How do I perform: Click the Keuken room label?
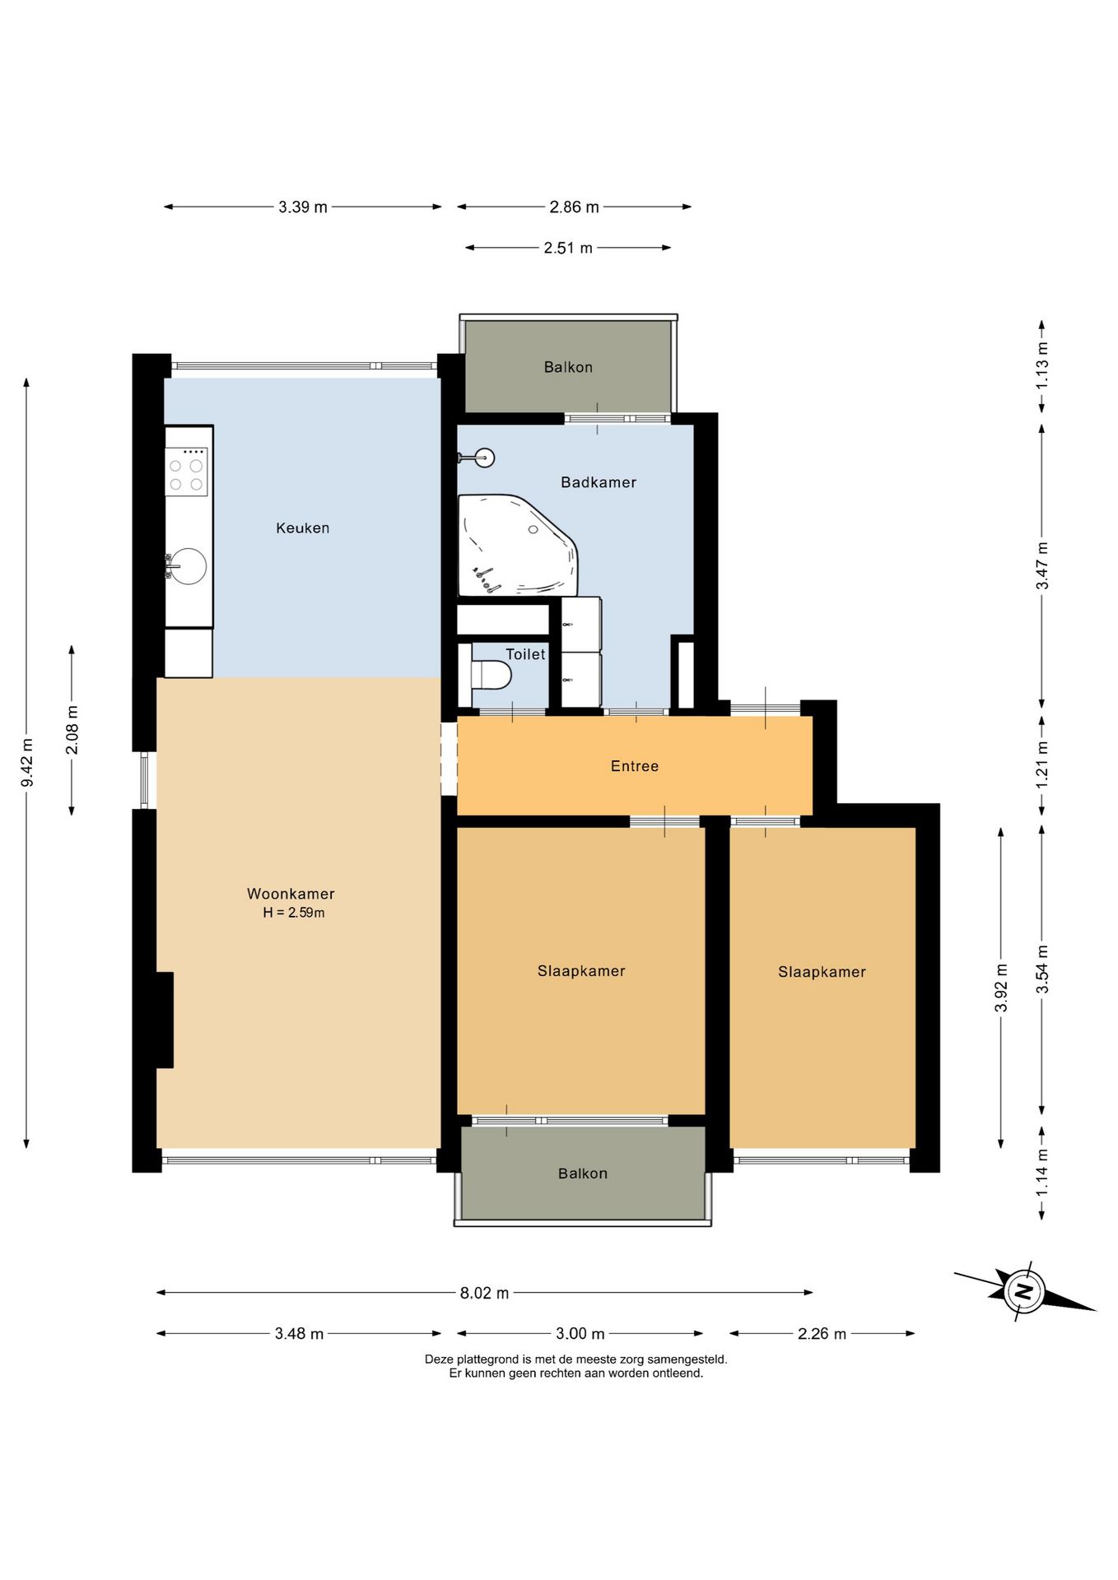[x=302, y=528]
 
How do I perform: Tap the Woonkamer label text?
[x=291, y=894]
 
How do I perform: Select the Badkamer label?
[x=599, y=482]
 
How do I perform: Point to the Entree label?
[x=635, y=766]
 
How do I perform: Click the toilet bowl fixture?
[x=491, y=676]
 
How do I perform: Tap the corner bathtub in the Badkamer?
[x=518, y=545]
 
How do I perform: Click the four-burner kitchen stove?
[x=186, y=472]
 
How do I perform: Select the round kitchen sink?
[x=189, y=566]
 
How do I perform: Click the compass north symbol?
[x=1023, y=1290]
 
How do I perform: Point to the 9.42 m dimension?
[x=27, y=763]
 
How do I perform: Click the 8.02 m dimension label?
[x=484, y=1293]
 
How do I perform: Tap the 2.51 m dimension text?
[x=568, y=248]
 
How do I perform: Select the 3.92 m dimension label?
[x=1001, y=987]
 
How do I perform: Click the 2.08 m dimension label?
[x=72, y=730]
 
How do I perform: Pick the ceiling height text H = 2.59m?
[x=294, y=913]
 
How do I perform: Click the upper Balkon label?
[x=568, y=367]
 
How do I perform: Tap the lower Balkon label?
[x=583, y=1173]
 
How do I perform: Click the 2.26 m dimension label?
[x=822, y=1334]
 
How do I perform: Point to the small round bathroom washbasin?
[x=484, y=458]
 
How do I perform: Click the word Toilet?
[x=525, y=654]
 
